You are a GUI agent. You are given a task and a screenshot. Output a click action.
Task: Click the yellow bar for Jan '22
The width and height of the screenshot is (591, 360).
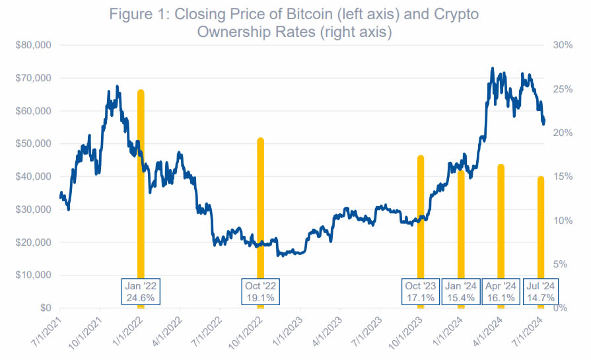141,198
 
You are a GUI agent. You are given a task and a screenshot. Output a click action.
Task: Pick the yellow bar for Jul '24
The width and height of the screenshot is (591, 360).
540,225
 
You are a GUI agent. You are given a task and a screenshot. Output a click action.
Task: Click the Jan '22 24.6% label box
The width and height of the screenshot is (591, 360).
141,291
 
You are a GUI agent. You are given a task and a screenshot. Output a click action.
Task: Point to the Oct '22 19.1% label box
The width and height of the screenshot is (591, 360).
260,291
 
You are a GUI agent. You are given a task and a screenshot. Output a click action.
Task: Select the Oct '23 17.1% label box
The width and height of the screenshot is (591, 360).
420,291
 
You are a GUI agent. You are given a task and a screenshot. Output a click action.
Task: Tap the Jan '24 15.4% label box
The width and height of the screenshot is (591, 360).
460,291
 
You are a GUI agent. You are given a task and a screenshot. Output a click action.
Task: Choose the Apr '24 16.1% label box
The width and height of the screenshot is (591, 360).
501,291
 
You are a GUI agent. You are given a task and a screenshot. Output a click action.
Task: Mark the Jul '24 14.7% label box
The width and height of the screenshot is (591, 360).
541,291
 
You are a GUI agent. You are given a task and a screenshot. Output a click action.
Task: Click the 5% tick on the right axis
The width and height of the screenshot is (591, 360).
561,264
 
